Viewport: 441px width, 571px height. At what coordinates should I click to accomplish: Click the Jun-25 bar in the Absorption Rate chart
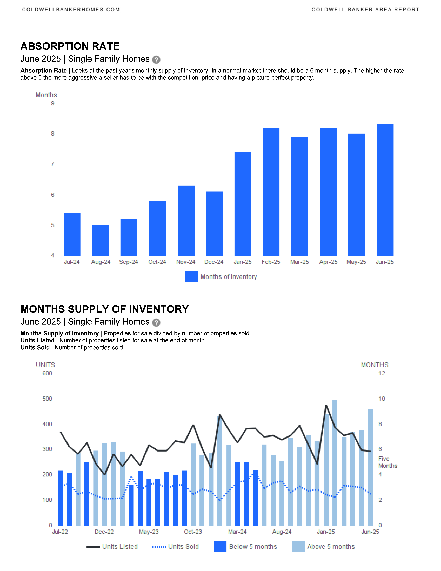tap(385, 190)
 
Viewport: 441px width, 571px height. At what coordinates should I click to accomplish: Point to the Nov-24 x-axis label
tap(186, 262)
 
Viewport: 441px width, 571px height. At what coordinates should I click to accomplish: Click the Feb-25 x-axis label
tap(271, 262)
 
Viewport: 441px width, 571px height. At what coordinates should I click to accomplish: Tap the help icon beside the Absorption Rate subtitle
tap(156, 60)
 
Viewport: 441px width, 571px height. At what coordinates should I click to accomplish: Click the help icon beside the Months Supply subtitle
tap(156, 323)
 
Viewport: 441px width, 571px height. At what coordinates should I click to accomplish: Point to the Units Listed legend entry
tap(112, 547)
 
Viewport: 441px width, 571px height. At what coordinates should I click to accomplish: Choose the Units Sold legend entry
tap(176, 547)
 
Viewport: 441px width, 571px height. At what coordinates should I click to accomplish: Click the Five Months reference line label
tap(388, 462)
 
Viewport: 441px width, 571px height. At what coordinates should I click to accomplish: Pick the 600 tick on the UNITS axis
tap(47, 373)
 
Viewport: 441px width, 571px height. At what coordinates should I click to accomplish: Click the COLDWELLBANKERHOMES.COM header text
tap(71, 10)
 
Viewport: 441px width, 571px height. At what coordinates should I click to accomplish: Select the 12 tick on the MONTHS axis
tap(382, 373)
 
